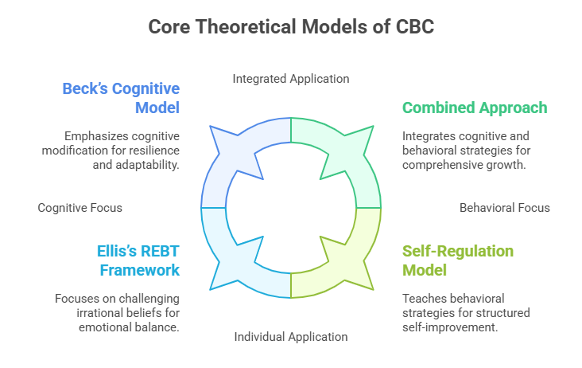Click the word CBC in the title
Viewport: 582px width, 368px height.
pos(414,27)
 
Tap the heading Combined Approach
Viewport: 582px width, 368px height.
pos(475,108)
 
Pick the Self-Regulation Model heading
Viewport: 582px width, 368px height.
pos(458,260)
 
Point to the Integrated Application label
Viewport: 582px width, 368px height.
pos(291,79)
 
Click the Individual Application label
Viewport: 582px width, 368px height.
pos(291,336)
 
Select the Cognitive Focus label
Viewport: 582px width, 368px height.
pos(80,208)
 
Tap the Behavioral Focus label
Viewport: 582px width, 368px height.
pos(505,208)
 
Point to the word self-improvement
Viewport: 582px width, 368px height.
pos(461,327)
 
